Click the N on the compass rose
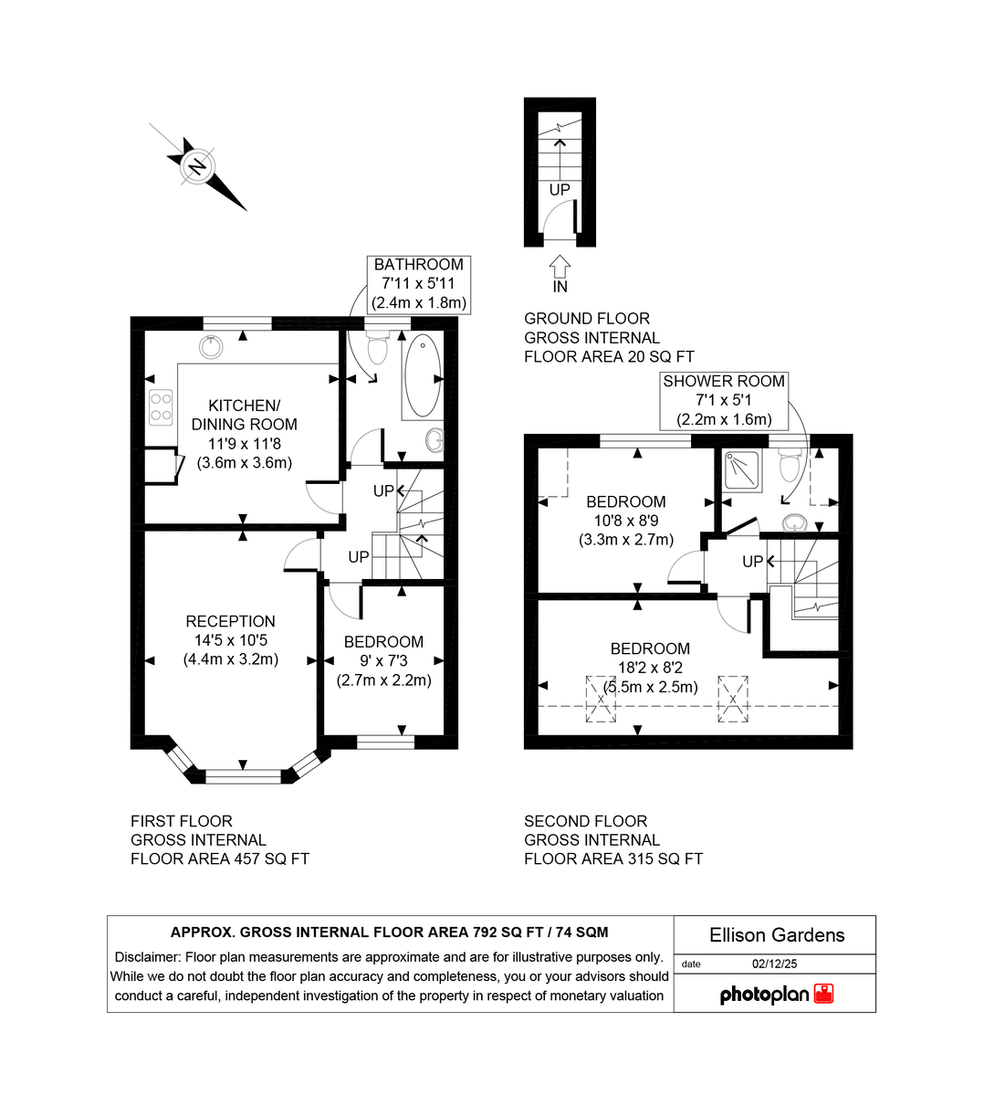point(195,166)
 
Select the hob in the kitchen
point(161,406)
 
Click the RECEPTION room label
point(230,621)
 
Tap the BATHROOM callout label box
point(419,284)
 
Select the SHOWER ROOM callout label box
point(724,401)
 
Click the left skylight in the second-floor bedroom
point(601,699)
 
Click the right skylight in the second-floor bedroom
point(732,699)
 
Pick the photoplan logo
point(776,995)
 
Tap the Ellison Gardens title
point(777,935)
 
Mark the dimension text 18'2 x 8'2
point(650,669)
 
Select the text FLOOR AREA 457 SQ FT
point(219,859)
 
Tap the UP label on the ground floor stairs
point(560,190)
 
